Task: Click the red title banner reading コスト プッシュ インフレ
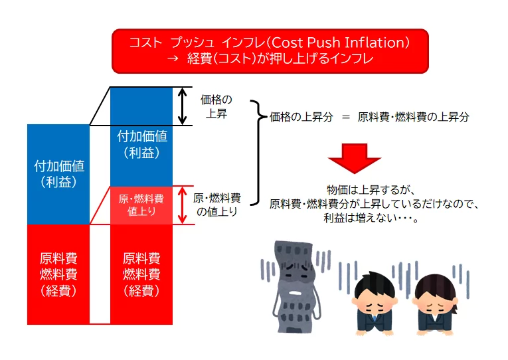coord(270,51)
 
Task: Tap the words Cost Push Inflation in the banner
coord(338,43)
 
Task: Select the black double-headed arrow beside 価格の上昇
coord(183,106)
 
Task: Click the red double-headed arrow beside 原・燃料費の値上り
coord(183,205)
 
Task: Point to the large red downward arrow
coord(354,158)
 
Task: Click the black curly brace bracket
coord(258,152)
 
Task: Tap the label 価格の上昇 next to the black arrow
coord(216,107)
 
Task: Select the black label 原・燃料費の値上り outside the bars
coord(216,205)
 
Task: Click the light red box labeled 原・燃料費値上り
coord(141,205)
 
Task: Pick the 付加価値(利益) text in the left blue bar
coord(58,174)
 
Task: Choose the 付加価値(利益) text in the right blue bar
coord(142,144)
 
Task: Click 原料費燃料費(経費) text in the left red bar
coord(58,275)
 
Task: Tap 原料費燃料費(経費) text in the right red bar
coord(141,275)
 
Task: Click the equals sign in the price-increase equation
coord(346,117)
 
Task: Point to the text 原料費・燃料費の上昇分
coord(414,117)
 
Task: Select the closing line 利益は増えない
coord(371,218)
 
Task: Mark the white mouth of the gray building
coord(295,293)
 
